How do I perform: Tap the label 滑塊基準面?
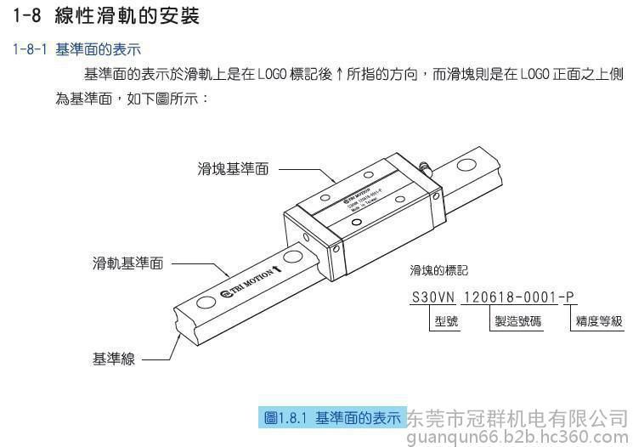coord(233,169)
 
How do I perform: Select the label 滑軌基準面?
coord(127,263)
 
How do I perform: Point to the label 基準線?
coord(114,359)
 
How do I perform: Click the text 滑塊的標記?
coord(438,271)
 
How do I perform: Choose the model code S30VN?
coord(432,297)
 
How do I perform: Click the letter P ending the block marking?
coord(570,297)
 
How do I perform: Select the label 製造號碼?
coord(518,322)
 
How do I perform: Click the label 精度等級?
coord(599,322)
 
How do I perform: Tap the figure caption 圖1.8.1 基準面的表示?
coord(332,418)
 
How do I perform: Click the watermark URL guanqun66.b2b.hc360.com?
coord(518,437)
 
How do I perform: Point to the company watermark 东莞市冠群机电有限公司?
coord(518,419)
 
